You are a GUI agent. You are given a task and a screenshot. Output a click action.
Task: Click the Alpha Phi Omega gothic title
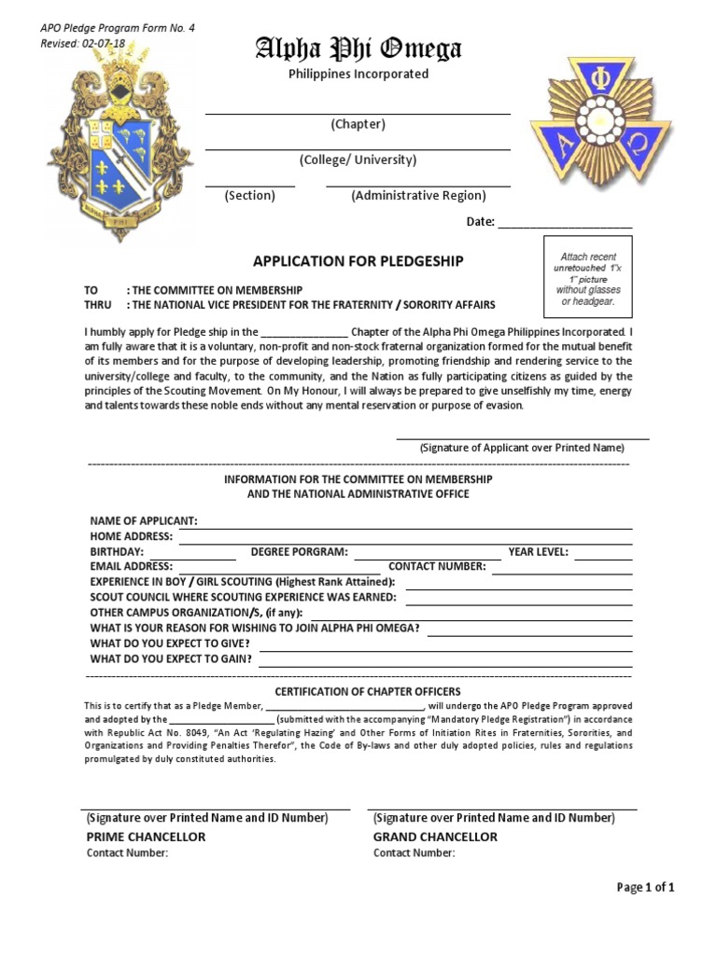tap(358, 49)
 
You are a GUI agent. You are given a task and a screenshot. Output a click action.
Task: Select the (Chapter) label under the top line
tap(358, 125)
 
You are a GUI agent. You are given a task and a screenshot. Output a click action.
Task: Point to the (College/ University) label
tap(358, 160)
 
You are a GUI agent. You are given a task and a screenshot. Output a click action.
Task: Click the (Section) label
tap(249, 196)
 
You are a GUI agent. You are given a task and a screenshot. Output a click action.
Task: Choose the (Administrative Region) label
tap(418, 196)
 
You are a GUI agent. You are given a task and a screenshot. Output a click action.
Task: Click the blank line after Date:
tap(565, 223)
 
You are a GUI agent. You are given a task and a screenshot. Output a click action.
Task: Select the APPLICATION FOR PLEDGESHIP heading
tap(358, 261)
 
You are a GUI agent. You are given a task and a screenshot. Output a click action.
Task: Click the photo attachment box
tap(588, 280)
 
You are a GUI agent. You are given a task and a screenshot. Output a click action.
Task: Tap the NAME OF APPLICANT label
tap(143, 520)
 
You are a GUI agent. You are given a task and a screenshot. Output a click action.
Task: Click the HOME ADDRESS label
tap(131, 536)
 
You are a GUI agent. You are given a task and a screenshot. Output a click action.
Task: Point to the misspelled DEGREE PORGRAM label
tap(299, 552)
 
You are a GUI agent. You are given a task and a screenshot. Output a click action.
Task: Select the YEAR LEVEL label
tap(538, 552)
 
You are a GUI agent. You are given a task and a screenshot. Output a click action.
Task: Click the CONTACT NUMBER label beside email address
tap(437, 567)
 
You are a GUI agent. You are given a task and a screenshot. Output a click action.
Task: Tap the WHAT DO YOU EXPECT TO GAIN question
tap(171, 658)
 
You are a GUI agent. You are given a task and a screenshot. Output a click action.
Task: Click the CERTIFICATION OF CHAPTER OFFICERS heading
tap(367, 691)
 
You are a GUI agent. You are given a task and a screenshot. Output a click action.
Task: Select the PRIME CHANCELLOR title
tap(146, 837)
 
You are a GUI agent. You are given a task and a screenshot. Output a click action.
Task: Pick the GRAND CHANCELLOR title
tap(435, 837)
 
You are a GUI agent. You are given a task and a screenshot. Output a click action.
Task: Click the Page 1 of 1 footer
tap(645, 887)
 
